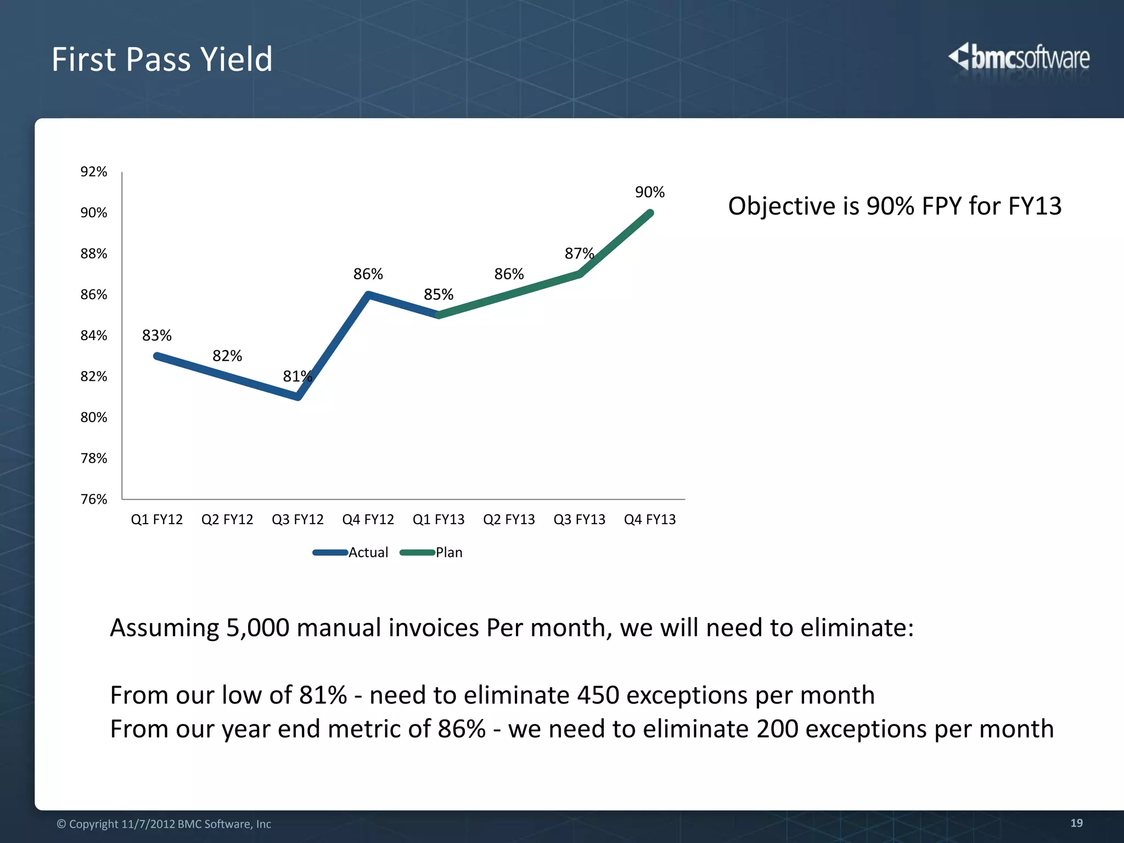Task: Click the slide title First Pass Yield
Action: click(162, 59)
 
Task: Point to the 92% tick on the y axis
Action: click(94, 172)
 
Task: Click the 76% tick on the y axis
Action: click(94, 499)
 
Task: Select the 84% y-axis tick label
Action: click(94, 335)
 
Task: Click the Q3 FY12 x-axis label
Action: click(297, 519)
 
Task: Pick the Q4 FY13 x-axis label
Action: click(650, 519)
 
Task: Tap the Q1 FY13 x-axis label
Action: click(439, 519)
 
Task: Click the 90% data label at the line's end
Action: click(650, 192)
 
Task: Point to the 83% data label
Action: click(157, 335)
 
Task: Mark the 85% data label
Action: click(439, 295)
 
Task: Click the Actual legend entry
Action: click(368, 552)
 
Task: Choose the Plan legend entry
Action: click(448, 552)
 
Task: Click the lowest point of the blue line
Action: click(298, 397)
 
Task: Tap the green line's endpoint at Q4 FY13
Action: click(650, 213)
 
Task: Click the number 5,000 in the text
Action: click(257, 627)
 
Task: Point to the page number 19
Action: click(1076, 823)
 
